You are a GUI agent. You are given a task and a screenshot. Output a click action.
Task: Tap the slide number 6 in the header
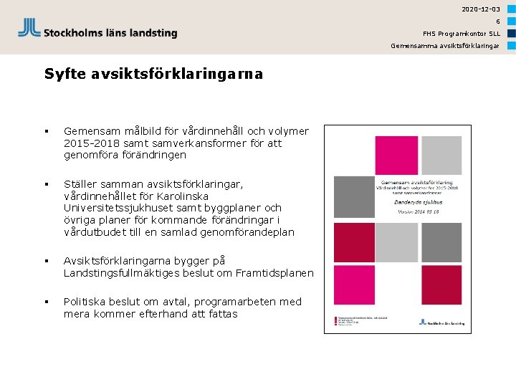[x=497, y=21]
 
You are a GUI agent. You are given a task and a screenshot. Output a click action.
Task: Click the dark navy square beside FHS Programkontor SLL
[x=512, y=33]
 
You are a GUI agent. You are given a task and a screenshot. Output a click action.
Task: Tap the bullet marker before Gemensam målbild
[x=46, y=131]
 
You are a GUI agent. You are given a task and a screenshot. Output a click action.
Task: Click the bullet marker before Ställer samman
[x=46, y=184]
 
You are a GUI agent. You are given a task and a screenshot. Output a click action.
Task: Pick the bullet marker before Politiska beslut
[x=46, y=302]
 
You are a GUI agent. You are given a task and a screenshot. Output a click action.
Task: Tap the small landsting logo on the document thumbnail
[x=445, y=322]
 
